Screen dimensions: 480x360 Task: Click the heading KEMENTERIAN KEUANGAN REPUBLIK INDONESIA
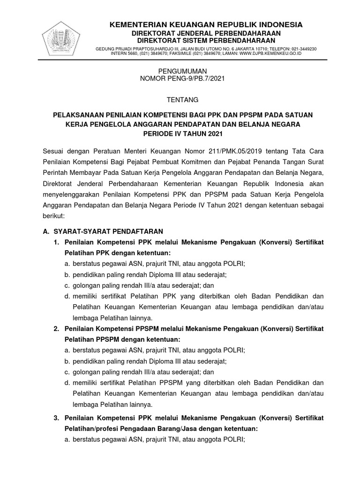tap(206, 24)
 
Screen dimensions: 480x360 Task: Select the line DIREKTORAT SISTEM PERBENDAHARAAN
tap(206, 41)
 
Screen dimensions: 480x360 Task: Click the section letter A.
tap(45, 231)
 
